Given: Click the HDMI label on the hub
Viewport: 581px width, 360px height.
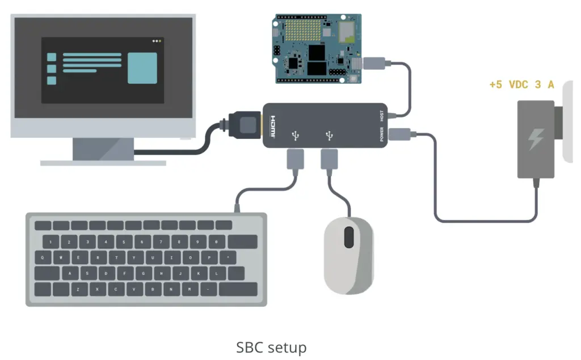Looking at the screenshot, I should click(273, 125).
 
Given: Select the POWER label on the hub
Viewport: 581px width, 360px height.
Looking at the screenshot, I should click(382, 134).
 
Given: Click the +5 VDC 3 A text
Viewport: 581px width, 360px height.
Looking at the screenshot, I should click(521, 85).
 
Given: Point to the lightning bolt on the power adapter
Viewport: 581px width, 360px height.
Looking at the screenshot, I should click(536, 139).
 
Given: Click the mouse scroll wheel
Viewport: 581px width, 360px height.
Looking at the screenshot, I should click(349, 236).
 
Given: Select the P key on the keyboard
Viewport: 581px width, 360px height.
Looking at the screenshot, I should click(209, 257).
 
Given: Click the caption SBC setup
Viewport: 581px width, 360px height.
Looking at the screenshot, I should click(271, 347).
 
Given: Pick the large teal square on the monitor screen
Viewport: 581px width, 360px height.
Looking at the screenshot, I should click(142, 68).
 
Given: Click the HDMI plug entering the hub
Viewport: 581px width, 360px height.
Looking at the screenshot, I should click(245, 125).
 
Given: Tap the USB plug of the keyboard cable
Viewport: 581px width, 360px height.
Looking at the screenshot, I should click(295, 159).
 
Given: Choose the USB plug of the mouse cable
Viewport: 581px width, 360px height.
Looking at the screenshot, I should click(330, 159).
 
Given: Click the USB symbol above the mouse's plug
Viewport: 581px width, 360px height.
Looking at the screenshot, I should click(330, 135).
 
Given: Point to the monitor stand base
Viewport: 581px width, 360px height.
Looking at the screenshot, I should click(103, 162).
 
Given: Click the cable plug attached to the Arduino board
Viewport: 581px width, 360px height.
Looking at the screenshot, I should click(374, 63).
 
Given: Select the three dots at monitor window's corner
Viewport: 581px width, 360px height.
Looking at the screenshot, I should click(157, 41).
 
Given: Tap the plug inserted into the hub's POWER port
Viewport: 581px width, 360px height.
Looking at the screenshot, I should click(401, 134).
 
